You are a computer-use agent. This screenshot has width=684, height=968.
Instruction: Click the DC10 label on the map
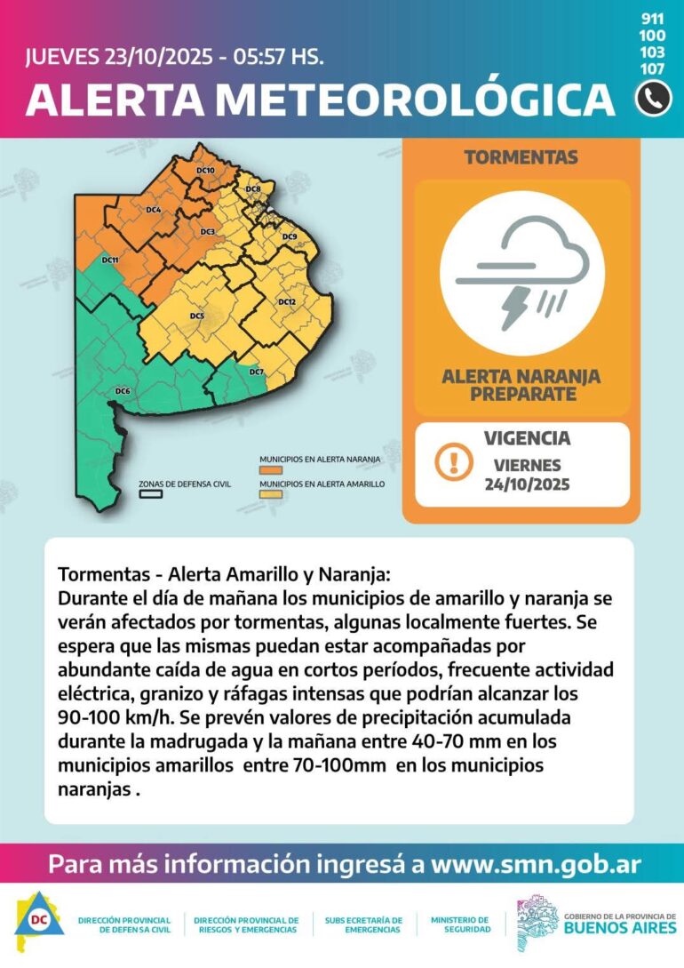coord(205,170)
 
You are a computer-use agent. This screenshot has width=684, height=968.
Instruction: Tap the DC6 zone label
coord(123,391)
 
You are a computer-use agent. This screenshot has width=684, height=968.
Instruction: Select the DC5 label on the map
coord(196,316)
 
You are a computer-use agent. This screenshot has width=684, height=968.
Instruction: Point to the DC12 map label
coord(286,302)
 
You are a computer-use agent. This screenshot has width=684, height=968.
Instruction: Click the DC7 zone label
coord(257,372)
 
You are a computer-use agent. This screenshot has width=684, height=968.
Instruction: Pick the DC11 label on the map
coord(110,260)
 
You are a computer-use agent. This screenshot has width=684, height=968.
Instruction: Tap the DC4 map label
coord(153,210)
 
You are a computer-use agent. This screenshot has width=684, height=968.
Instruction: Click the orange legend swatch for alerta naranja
coord(270,470)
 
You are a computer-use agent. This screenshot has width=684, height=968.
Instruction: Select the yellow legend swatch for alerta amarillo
coord(270,494)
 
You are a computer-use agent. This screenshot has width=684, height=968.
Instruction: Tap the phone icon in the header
coord(653,99)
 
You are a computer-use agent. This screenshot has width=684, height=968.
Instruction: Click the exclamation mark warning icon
coord(454,462)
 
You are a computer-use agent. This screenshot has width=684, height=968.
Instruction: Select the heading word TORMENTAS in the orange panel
coord(521,157)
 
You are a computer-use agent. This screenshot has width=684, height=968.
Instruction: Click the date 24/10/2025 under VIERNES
coord(528,484)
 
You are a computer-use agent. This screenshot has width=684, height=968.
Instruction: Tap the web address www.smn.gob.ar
coord(536,864)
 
